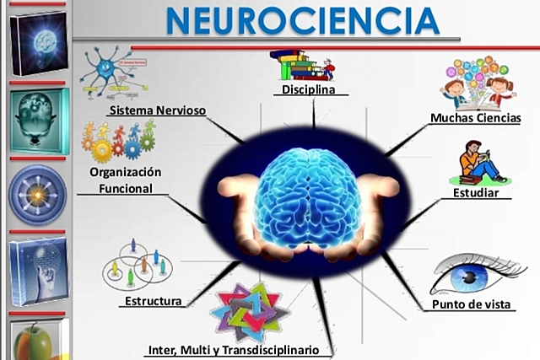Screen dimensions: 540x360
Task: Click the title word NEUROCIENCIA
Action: pyautogui.click(x=302, y=20)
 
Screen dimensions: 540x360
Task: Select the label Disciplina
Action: pyautogui.click(x=308, y=89)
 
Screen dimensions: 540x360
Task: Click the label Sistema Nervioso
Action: pyautogui.click(x=157, y=110)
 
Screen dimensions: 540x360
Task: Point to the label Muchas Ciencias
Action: pyautogui.click(x=475, y=118)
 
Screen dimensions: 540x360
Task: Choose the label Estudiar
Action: pyautogui.click(x=482, y=193)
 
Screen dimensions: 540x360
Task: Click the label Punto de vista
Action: pyautogui.click(x=472, y=304)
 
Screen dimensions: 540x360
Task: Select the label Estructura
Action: pyautogui.click(x=153, y=301)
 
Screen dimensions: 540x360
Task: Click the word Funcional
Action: pyautogui.click(x=126, y=189)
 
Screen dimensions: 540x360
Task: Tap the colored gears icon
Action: pyautogui.click(x=118, y=139)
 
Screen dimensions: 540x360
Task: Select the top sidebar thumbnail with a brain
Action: pyautogui.click(x=38, y=41)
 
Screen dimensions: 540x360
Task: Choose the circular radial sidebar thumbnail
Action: pyautogui.click(x=37, y=194)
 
